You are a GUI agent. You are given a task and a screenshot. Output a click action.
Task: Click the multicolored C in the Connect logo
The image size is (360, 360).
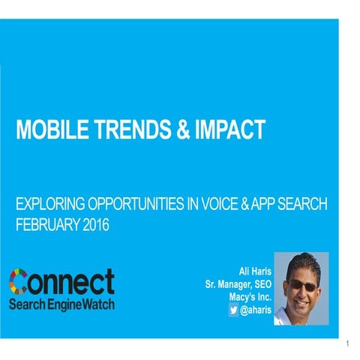(x=20, y=281)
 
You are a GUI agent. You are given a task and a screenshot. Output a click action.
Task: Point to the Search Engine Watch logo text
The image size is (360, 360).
(x=62, y=304)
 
